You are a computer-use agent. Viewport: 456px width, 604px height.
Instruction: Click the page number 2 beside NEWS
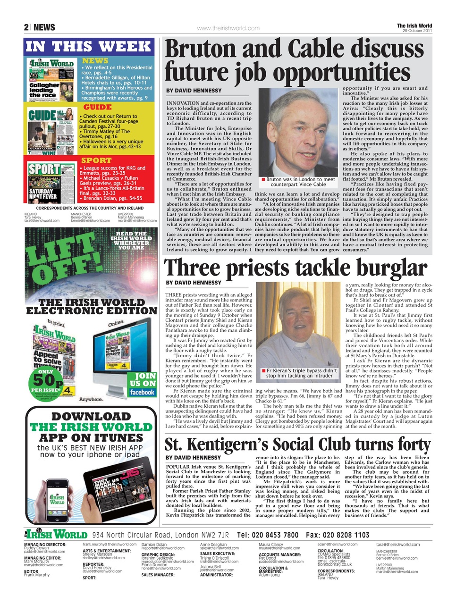26,28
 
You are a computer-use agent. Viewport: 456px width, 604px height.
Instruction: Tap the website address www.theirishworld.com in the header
228,28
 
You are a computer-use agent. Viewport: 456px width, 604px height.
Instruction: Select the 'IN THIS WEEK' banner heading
89,46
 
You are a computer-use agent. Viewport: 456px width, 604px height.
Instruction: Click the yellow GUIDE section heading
97,107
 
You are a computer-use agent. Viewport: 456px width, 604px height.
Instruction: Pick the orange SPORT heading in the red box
96,160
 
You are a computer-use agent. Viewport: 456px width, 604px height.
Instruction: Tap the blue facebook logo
142,392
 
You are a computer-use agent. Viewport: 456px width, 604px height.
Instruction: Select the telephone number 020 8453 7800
268,535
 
